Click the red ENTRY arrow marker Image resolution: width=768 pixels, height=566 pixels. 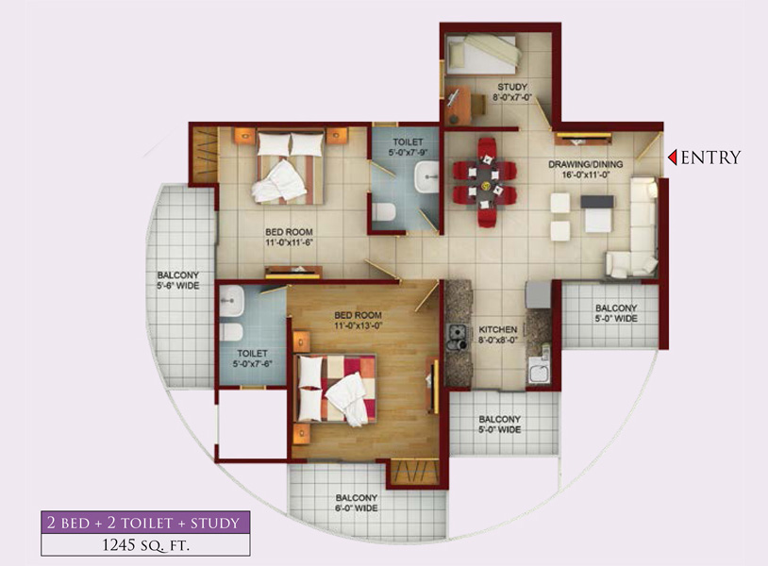(x=673, y=158)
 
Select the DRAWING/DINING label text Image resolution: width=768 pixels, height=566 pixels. (x=585, y=164)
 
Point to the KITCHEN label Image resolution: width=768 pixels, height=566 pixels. (x=497, y=329)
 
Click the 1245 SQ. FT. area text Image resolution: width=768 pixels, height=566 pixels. (x=145, y=545)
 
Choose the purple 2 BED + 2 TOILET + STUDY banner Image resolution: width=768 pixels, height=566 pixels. (x=145, y=523)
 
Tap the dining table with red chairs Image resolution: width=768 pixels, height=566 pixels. (x=484, y=182)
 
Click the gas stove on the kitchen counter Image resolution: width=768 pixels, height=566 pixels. (x=457, y=338)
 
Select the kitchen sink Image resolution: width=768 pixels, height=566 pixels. (x=539, y=370)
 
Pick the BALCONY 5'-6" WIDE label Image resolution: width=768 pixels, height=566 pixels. (x=177, y=280)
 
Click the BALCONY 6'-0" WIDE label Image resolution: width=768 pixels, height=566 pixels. (x=356, y=503)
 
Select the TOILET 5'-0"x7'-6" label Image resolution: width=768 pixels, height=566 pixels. (x=252, y=358)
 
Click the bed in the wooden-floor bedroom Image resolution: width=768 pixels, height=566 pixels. (x=336, y=389)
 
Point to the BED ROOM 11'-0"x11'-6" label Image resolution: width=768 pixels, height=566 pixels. (x=289, y=237)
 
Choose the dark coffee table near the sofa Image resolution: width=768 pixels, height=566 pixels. (x=597, y=202)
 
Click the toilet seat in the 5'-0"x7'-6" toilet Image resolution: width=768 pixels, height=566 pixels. (x=231, y=332)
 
